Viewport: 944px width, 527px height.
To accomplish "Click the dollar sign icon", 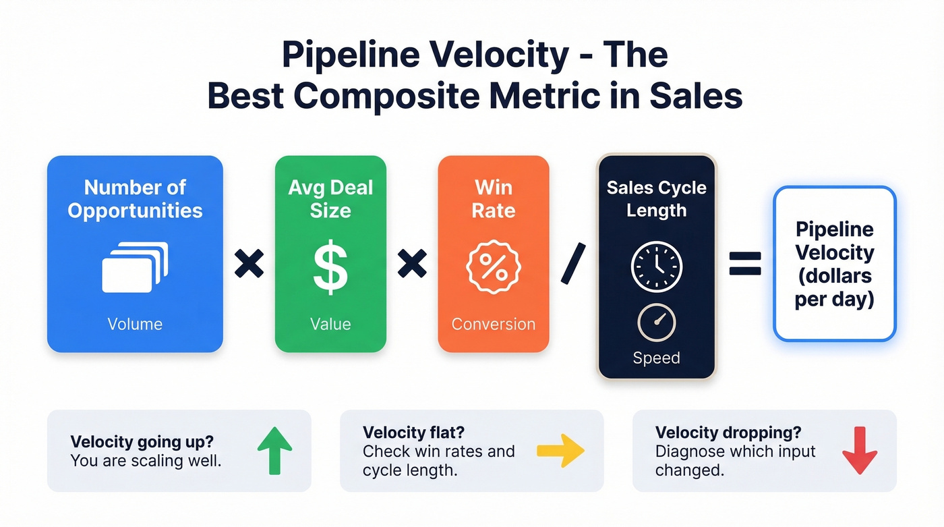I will point(330,269).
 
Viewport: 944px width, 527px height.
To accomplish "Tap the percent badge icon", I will point(493,269).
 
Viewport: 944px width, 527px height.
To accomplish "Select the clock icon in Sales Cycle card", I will point(656,267).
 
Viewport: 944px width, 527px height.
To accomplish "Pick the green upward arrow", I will point(275,450).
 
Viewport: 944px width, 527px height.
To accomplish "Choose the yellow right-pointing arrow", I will point(560,450).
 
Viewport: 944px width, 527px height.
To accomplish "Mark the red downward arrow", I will point(860,450).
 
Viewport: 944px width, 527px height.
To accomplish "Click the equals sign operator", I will point(745,263).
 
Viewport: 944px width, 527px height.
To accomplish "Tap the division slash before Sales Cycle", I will point(573,263).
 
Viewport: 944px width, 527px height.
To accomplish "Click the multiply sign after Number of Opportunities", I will point(249,263).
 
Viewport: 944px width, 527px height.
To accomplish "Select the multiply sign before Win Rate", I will point(412,263).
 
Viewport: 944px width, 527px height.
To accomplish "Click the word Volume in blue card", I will point(135,324).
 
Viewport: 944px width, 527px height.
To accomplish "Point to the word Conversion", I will point(493,324).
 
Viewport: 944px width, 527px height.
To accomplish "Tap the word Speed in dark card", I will point(656,358).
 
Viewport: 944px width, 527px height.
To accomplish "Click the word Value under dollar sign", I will point(330,324).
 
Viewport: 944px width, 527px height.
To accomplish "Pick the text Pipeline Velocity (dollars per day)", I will point(834,264).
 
